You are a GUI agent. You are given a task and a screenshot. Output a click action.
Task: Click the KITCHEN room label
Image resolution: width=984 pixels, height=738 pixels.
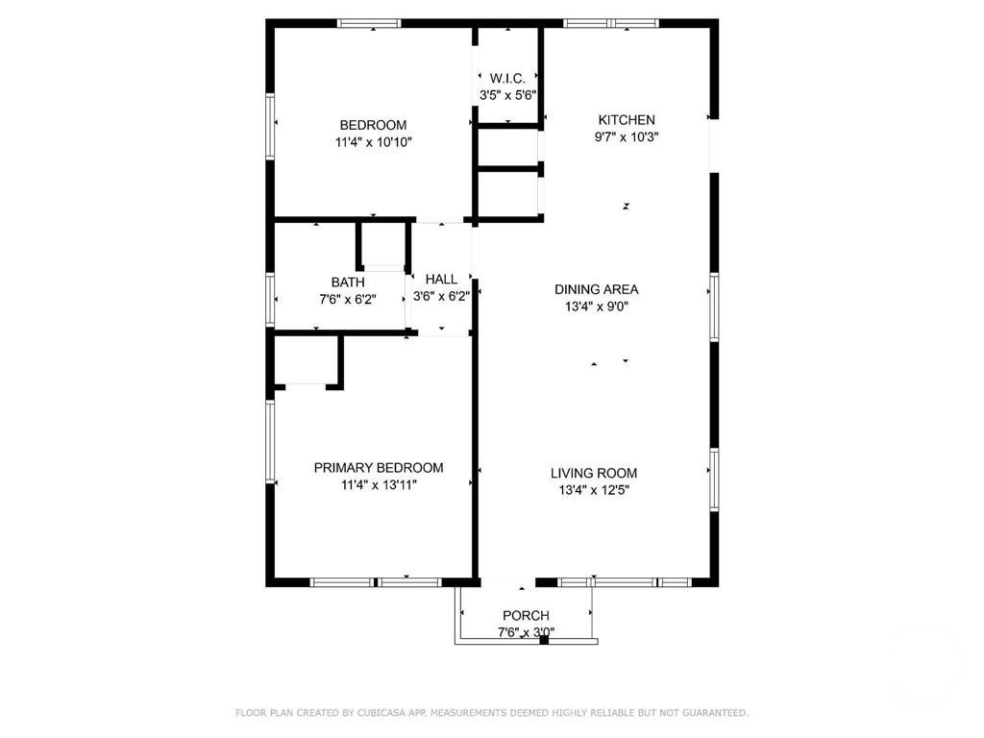coord(627,120)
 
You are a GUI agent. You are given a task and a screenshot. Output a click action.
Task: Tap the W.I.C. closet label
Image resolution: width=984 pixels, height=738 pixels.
coord(507,79)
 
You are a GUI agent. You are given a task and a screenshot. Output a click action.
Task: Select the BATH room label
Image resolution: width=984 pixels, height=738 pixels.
coord(348,283)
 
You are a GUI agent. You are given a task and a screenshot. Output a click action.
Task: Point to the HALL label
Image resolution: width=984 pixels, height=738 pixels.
coord(441,280)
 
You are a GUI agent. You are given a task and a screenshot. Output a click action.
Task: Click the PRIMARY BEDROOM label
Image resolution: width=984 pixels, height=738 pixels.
coord(379,468)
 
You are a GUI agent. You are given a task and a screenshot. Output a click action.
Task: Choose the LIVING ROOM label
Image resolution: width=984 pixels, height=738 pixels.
coord(594,473)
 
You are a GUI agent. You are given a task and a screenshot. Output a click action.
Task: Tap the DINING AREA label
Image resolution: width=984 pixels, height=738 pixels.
coord(596,289)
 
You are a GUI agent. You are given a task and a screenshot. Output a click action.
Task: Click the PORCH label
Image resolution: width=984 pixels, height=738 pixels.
coord(526,616)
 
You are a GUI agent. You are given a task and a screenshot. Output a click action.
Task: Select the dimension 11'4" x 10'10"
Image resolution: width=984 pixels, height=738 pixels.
coord(374,142)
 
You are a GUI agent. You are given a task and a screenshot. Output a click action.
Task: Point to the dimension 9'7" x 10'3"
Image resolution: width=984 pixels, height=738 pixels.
coord(627,136)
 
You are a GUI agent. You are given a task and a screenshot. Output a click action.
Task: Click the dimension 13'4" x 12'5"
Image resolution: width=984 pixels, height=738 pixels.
coord(594,490)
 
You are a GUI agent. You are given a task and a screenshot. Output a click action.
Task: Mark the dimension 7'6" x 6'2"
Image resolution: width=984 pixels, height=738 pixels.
coord(348,300)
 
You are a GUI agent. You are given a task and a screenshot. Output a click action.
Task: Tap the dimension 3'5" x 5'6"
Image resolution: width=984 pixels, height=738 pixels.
coord(507,95)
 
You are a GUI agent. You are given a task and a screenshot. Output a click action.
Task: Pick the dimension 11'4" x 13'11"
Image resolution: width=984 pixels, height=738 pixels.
coord(379,484)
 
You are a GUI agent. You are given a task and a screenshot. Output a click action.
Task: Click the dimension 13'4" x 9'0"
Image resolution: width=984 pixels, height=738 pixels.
coord(596,307)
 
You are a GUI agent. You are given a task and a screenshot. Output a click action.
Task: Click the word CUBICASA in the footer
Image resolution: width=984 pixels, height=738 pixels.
coord(381,713)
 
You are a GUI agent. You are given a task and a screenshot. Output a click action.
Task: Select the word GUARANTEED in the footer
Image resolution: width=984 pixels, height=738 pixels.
coord(715,713)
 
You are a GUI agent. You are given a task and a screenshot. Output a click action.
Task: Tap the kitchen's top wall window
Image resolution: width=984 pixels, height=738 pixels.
coord(610,23)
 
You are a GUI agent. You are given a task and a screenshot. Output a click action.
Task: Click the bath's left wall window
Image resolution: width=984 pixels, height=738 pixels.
coord(270,300)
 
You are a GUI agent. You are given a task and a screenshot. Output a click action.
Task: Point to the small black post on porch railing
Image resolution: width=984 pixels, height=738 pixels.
coord(544,640)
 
